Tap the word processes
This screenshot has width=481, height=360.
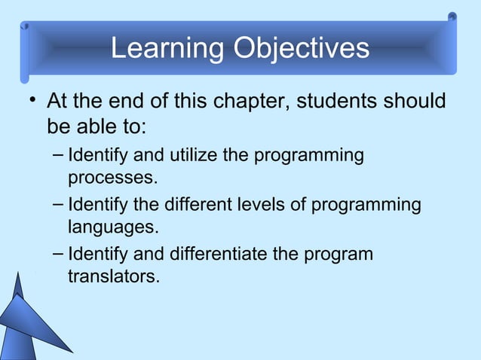tap(113, 179)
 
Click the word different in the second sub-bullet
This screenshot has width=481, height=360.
tap(191, 205)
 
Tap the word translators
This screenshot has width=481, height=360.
tap(113, 276)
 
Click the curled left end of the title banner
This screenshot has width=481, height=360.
tap(26, 53)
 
